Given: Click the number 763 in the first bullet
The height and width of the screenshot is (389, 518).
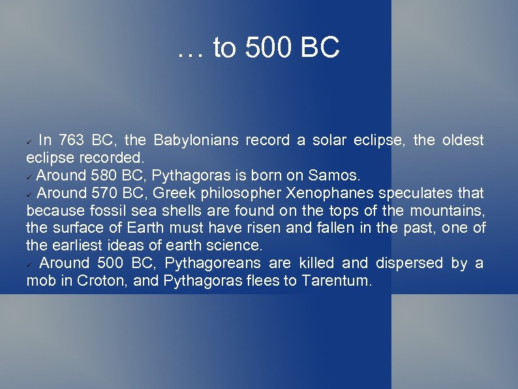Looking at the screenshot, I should click(71, 141).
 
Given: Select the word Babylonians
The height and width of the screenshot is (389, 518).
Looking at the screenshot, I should click(196, 141).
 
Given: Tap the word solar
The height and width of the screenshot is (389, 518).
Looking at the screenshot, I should click(330, 141).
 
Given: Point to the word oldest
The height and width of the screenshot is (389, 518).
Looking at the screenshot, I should click(463, 141).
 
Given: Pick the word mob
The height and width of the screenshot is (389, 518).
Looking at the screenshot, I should click(39, 281).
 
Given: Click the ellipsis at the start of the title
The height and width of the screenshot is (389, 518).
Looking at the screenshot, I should click(188, 52).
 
